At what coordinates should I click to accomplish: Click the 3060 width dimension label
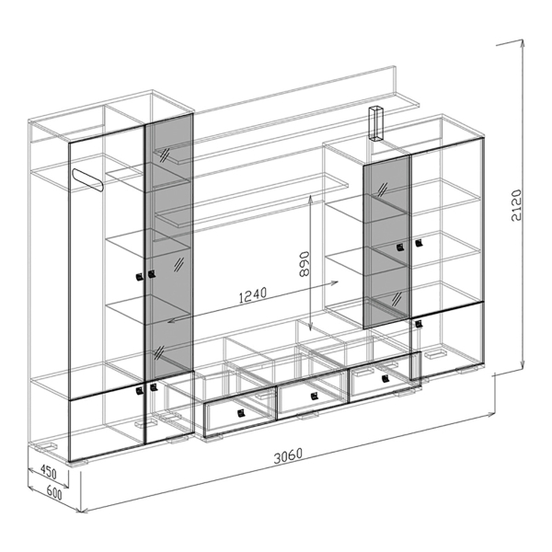point(288,455)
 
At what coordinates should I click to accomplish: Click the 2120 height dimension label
point(516,205)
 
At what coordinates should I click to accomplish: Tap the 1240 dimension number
point(252,295)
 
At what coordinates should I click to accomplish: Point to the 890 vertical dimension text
point(303,264)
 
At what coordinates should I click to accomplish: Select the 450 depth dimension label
point(49,472)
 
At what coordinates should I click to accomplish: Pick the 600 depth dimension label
point(54,493)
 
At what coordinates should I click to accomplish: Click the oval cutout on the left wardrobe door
point(87,180)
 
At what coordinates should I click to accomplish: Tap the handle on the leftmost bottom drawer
point(241,413)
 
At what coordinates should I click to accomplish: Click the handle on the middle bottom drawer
point(314,397)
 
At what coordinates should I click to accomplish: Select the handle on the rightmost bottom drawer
point(385,379)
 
